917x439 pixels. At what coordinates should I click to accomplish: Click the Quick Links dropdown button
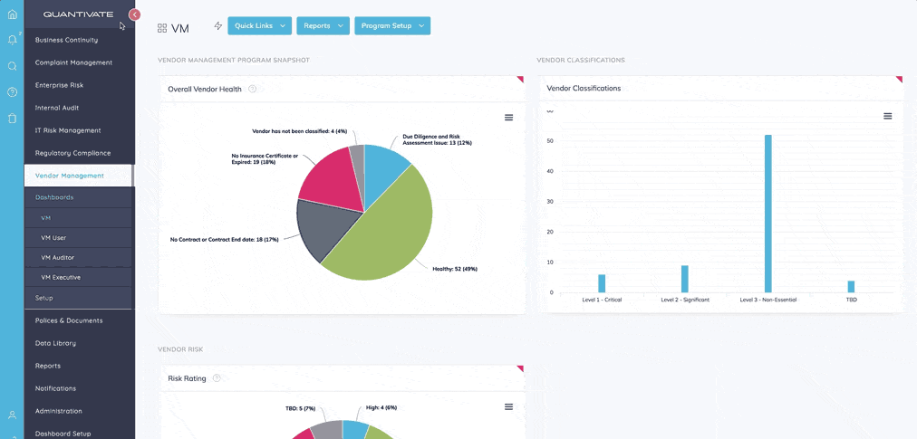(259, 26)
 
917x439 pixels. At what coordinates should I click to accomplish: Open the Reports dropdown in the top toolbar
(322, 26)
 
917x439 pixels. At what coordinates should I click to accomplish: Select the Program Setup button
(391, 26)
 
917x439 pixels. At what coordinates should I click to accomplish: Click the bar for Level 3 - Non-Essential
(768, 214)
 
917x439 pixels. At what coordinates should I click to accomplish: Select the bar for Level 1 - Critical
(602, 283)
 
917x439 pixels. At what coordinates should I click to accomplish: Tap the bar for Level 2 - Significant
(685, 279)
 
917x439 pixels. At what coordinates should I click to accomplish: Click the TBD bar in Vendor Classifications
(851, 286)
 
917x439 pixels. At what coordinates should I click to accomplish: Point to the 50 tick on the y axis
(550, 141)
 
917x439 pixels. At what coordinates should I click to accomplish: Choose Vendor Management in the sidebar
(70, 176)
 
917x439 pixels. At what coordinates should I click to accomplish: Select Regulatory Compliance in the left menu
(72, 153)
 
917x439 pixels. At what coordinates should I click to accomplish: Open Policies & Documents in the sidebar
(69, 320)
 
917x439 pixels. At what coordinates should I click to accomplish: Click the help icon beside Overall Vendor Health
(253, 89)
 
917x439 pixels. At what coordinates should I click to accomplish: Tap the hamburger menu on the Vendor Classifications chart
(888, 116)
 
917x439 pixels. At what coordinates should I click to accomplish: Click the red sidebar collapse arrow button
(135, 14)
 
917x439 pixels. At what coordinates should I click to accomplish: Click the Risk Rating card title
(187, 377)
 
